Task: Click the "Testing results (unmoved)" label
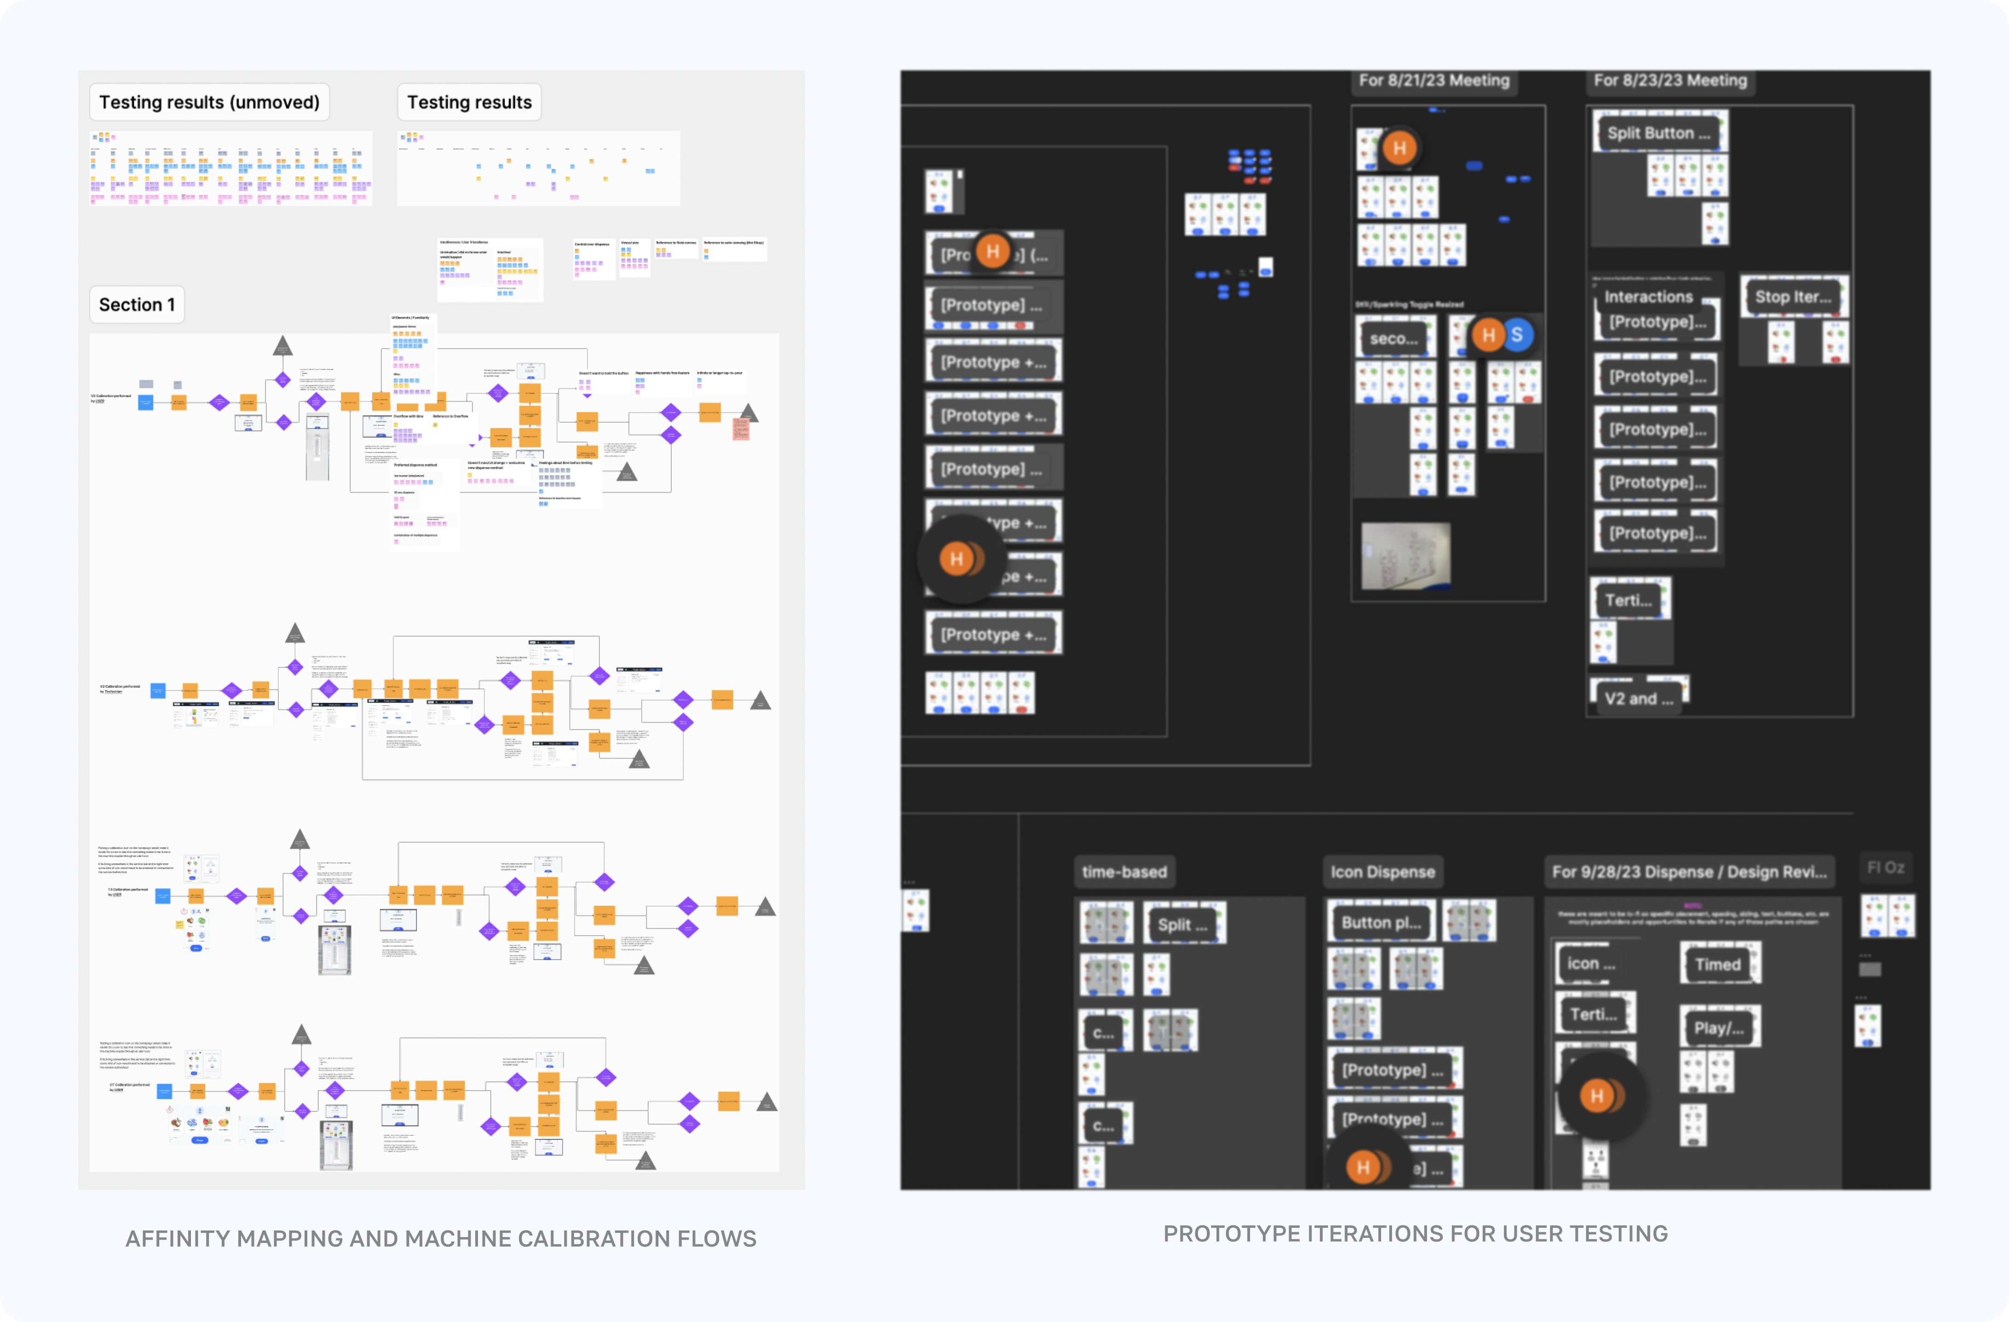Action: pyautogui.click(x=209, y=102)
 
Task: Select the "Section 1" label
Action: pyautogui.click(x=137, y=305)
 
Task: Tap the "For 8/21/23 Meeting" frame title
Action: pyautogui.click(x=1433, y=80)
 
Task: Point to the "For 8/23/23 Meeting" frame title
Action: pyautogui.click(x=1669, y=80)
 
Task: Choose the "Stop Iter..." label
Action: pyautogui.click(x=1793, y=297)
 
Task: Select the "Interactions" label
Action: pyautogui.click(x=1648, y=297)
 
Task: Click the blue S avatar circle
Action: pyautogui.click(x=1517, y=335)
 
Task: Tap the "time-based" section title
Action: pyautogui.click(x=1124, y=872)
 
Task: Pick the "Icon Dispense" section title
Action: pyautogui.click(x=1383, y=872)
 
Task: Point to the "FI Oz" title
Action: pyautogui.click(x=1886, y=868)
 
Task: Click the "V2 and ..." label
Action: pyautogui.click(x=1638, y=699)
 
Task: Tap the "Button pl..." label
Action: pyautogui.click(x=1381, y=923)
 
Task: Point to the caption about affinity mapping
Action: pyautogui.click(x=441, y=1238)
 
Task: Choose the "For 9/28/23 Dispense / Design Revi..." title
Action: pyautogui.click(x=1689, y=872)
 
